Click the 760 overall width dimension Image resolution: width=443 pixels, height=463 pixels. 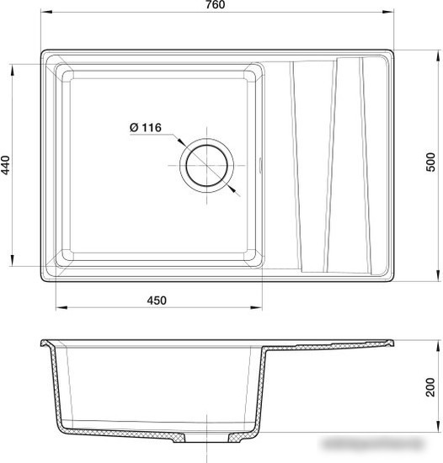point(215,7)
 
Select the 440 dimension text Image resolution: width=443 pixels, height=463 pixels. point(6,163)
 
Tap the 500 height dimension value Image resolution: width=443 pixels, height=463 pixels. point(431,163)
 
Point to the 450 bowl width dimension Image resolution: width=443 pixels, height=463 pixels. point(157,301)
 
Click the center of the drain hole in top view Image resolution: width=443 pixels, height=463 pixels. point(205,163)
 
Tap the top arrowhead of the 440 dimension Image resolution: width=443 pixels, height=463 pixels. point(13,66)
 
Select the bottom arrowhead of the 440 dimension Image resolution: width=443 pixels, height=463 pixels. point(13,262)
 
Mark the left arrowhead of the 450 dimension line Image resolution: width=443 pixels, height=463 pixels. point(59,308)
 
